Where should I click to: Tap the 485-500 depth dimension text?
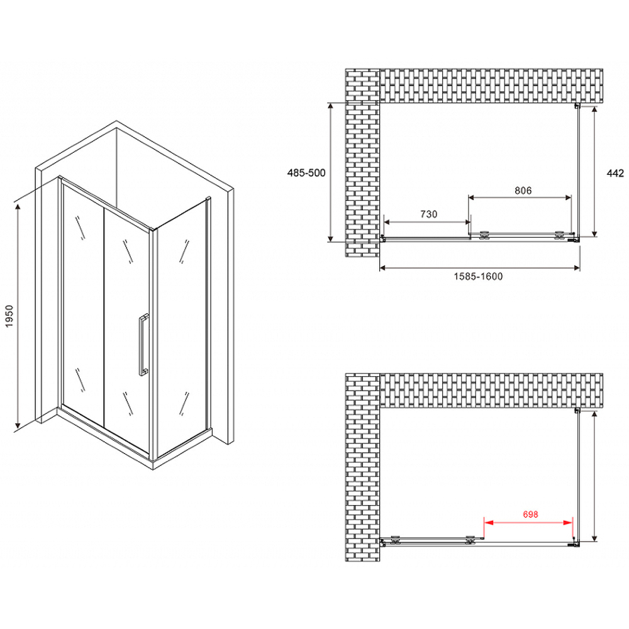coord(306,173)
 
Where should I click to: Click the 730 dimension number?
coord(428,214)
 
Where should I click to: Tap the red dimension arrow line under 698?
coord(528,521)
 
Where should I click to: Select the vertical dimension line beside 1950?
coord(19,314)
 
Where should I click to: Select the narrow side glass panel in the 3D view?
coord(182,327)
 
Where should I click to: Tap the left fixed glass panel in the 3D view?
coord(82,302)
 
